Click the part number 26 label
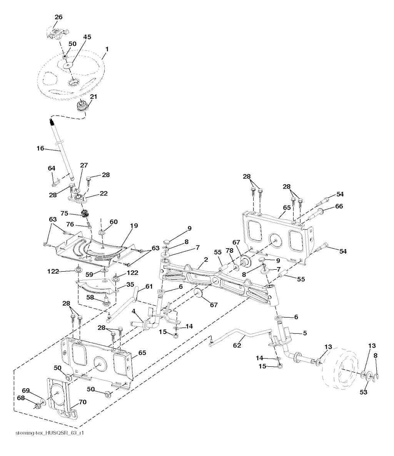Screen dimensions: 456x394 (58, 17)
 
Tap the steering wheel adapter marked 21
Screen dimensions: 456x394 (83, 105)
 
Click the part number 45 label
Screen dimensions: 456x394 (87, 37)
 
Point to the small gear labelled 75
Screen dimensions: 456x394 (85, 214)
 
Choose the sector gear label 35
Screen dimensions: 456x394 (130, 285)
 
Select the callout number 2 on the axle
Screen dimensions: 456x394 (206, 260)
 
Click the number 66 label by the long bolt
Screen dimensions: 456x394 (339, 206)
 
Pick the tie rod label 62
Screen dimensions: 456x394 (237, 346)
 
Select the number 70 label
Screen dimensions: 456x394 (83, 402)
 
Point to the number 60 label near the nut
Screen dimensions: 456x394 (114, 222)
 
